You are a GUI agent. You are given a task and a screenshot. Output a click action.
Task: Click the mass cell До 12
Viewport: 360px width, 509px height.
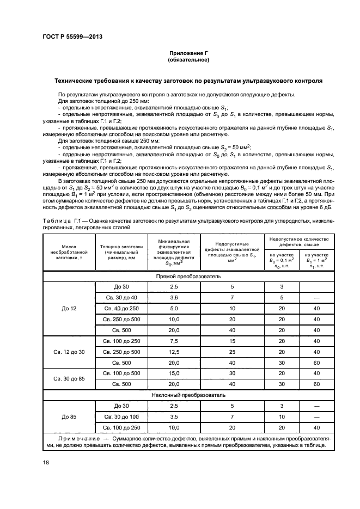[x=69, y=309]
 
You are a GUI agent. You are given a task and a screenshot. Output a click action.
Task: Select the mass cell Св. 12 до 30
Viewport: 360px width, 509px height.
[x=69, y=352]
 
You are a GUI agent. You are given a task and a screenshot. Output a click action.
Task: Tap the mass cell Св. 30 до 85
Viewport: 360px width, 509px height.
[x=69, y=378]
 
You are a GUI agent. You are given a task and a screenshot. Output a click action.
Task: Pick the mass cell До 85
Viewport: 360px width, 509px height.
[x=69, y=416]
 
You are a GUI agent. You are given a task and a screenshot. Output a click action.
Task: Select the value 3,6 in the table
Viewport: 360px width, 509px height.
[x=174, y=298]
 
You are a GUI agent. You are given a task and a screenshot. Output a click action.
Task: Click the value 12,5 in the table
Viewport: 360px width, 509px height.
[x=174, y=352]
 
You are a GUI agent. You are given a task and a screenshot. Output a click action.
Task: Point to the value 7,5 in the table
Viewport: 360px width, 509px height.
[x=174, y=341]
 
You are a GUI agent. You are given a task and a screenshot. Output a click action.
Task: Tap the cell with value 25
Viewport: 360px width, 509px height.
[x=232, y=352]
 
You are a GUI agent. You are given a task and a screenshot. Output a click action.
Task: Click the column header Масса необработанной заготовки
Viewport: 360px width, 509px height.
[x=69, y=253]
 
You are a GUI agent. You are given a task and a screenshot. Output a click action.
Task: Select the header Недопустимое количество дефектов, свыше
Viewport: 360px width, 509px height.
[x=300, y=242]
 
